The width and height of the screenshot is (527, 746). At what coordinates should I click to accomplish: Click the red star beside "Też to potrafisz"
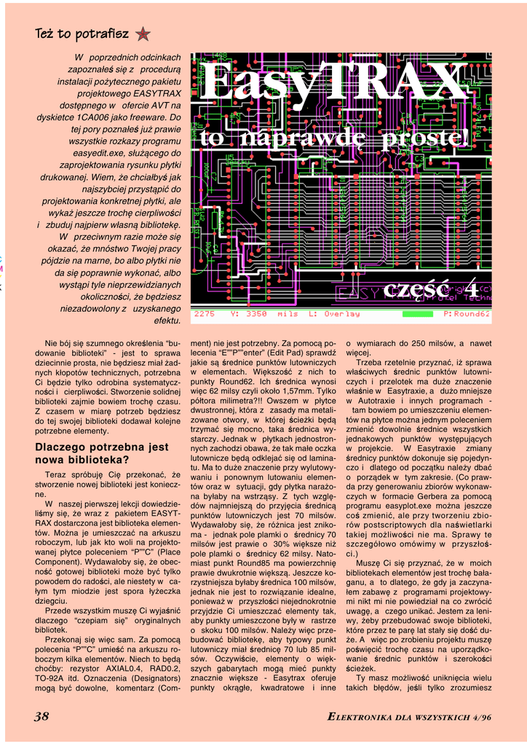[x=143, y=34]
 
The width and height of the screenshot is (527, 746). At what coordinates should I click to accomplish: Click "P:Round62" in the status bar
[x=467, y=314]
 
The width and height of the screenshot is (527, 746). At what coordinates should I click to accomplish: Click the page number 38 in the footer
[x=41, y=717]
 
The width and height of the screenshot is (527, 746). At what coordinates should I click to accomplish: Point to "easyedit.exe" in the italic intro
[x=99, y=153]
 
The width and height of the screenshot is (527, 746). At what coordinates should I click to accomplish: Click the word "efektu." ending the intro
[x=168, y=321]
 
